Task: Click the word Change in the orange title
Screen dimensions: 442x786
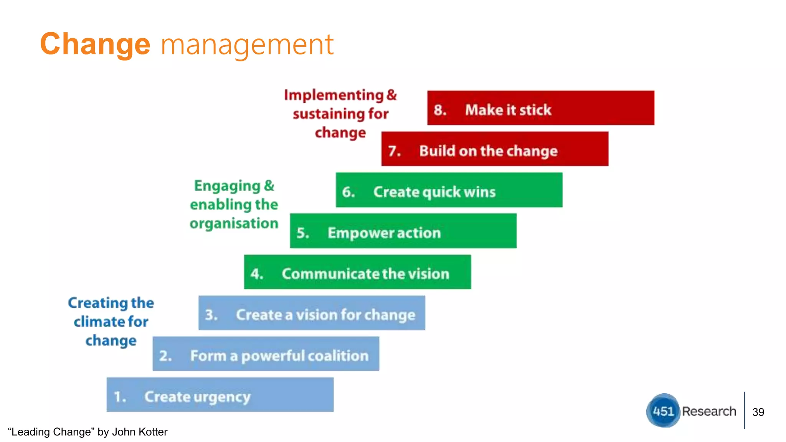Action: coord(95,45)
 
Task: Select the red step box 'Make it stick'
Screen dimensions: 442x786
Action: coord(540,108)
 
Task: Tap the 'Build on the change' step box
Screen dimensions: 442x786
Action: coord(495,149)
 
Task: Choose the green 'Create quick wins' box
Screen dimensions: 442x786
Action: coord(449,190)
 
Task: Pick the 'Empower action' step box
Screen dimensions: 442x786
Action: coord(403,231)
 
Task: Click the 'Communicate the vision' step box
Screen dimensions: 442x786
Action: coord(357,272)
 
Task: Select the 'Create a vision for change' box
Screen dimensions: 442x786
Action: coord(312,313)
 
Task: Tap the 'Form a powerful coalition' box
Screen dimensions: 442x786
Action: coord(266,354)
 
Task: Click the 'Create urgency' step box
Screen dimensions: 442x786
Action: coord(220,395)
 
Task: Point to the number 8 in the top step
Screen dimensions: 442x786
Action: coord(439,110)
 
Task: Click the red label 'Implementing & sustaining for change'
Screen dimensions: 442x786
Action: coord(340,114)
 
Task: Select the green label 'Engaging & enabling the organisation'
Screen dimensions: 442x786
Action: coord(234,205)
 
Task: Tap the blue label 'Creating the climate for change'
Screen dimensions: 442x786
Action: coord(111,322)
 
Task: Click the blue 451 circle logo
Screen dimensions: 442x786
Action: coord(663,411)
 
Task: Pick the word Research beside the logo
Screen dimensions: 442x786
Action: coord(709,411)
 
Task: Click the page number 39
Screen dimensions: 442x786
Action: coord(758,412)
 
